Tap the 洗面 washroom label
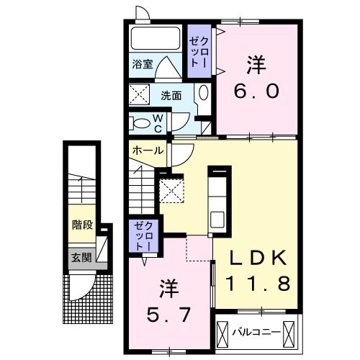tap(171, 94)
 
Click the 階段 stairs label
tap(83, 225)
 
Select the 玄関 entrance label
tap(81, 256)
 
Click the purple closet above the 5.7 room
tap(140, 235)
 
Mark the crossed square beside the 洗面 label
tap(138, 94)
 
